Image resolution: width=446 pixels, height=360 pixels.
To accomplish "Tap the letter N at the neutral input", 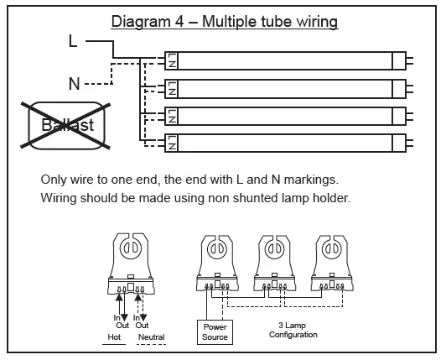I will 73,83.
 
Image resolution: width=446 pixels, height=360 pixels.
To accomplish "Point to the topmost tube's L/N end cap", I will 172,60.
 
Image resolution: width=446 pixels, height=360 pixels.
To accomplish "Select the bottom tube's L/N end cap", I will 172,143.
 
